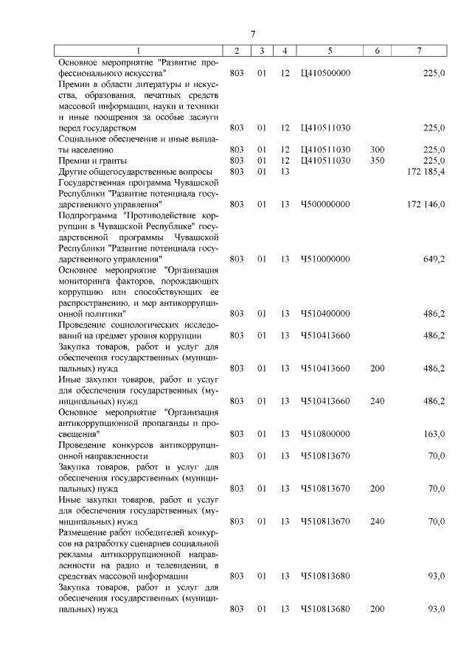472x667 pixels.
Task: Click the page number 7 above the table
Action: (252, 34)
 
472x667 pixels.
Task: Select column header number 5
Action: (330, 51)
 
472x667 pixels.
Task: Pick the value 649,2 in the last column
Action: (433, 259)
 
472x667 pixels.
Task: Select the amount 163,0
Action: (433, 433)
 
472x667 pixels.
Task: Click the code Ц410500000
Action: (326, 73)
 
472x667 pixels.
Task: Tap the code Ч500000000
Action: (326, 203)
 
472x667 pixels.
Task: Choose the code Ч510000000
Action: (326, 259)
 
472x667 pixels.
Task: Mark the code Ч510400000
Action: (326, 313)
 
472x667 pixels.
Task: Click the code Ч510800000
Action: (326, 433)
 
